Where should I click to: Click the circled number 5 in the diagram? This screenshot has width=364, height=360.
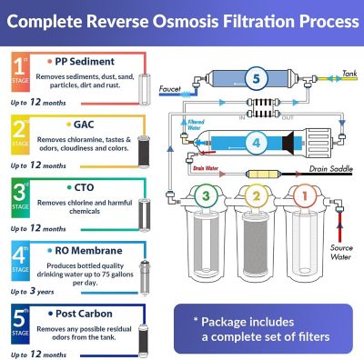[x=256, y=79]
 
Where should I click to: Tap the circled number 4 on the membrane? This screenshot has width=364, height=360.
[x=257, y=143]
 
